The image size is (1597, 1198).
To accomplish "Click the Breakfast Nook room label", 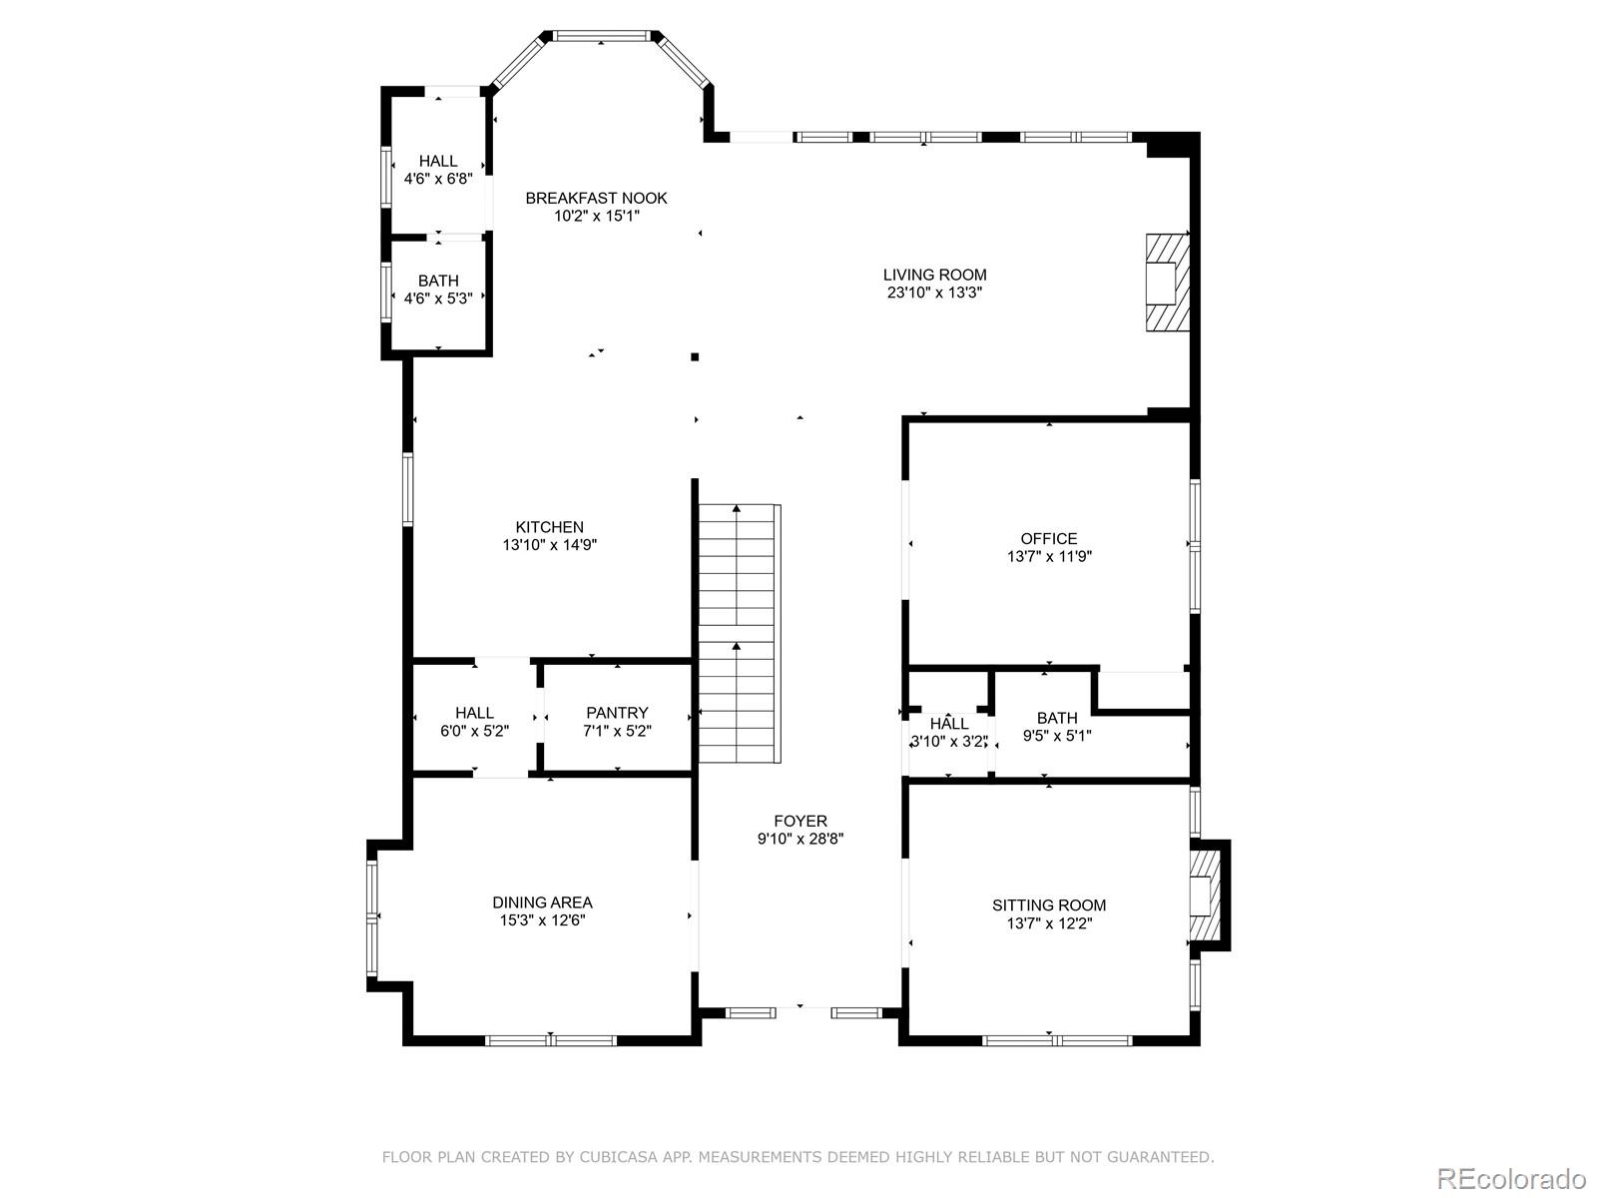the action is (596, 198).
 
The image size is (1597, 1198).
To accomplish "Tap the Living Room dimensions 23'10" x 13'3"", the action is (935, 293).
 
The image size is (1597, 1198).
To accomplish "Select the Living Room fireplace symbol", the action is (1167, 283).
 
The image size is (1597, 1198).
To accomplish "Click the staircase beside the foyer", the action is (739, 633).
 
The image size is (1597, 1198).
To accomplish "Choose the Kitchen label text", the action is (549, 527).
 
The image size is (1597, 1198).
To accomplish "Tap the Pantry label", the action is (617, 713).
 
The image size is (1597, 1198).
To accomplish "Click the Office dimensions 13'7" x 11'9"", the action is (1049, 556).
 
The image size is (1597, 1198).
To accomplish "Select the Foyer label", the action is (800, 822).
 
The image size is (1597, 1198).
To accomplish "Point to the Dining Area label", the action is (542, 901).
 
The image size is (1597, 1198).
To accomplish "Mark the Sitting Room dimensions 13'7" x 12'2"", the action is (1049, 923).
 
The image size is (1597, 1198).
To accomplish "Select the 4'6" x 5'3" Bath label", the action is (438, 289).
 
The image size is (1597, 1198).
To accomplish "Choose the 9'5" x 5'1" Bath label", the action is (1057, 727).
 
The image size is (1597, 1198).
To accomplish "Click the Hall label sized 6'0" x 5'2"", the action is (474, 722).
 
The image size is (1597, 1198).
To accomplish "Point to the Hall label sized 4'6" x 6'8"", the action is (438, 170).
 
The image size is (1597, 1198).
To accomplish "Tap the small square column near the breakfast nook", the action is (695, 357).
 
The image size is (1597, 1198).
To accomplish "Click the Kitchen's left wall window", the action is (407, 489).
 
